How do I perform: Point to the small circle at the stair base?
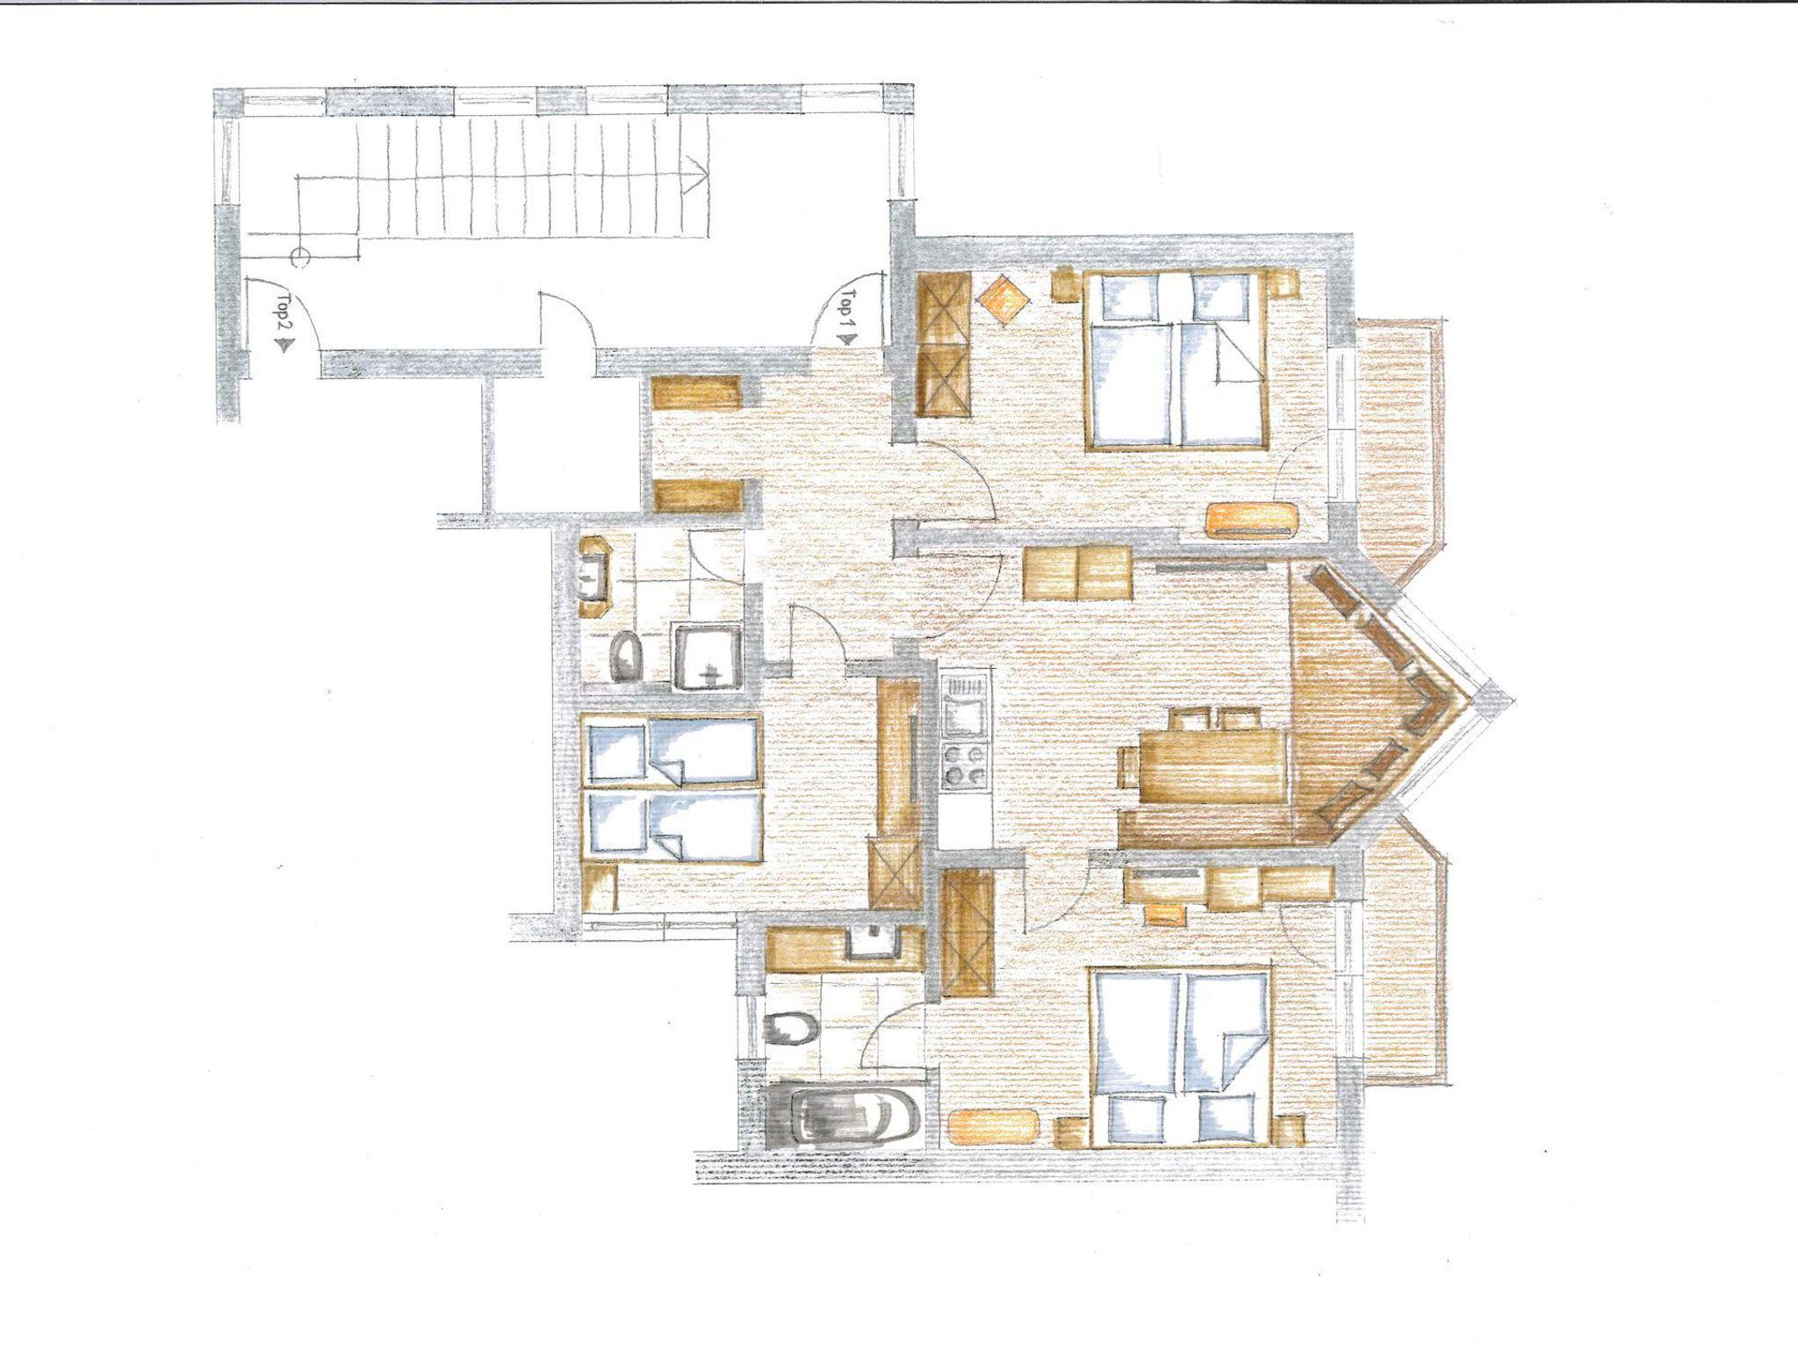pyautogui.click(x=299, y=257)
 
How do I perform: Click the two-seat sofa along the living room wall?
pyautogui.click(x=1078, y=572)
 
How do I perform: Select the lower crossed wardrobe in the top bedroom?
pyautogui.click(x=944, y=379)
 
